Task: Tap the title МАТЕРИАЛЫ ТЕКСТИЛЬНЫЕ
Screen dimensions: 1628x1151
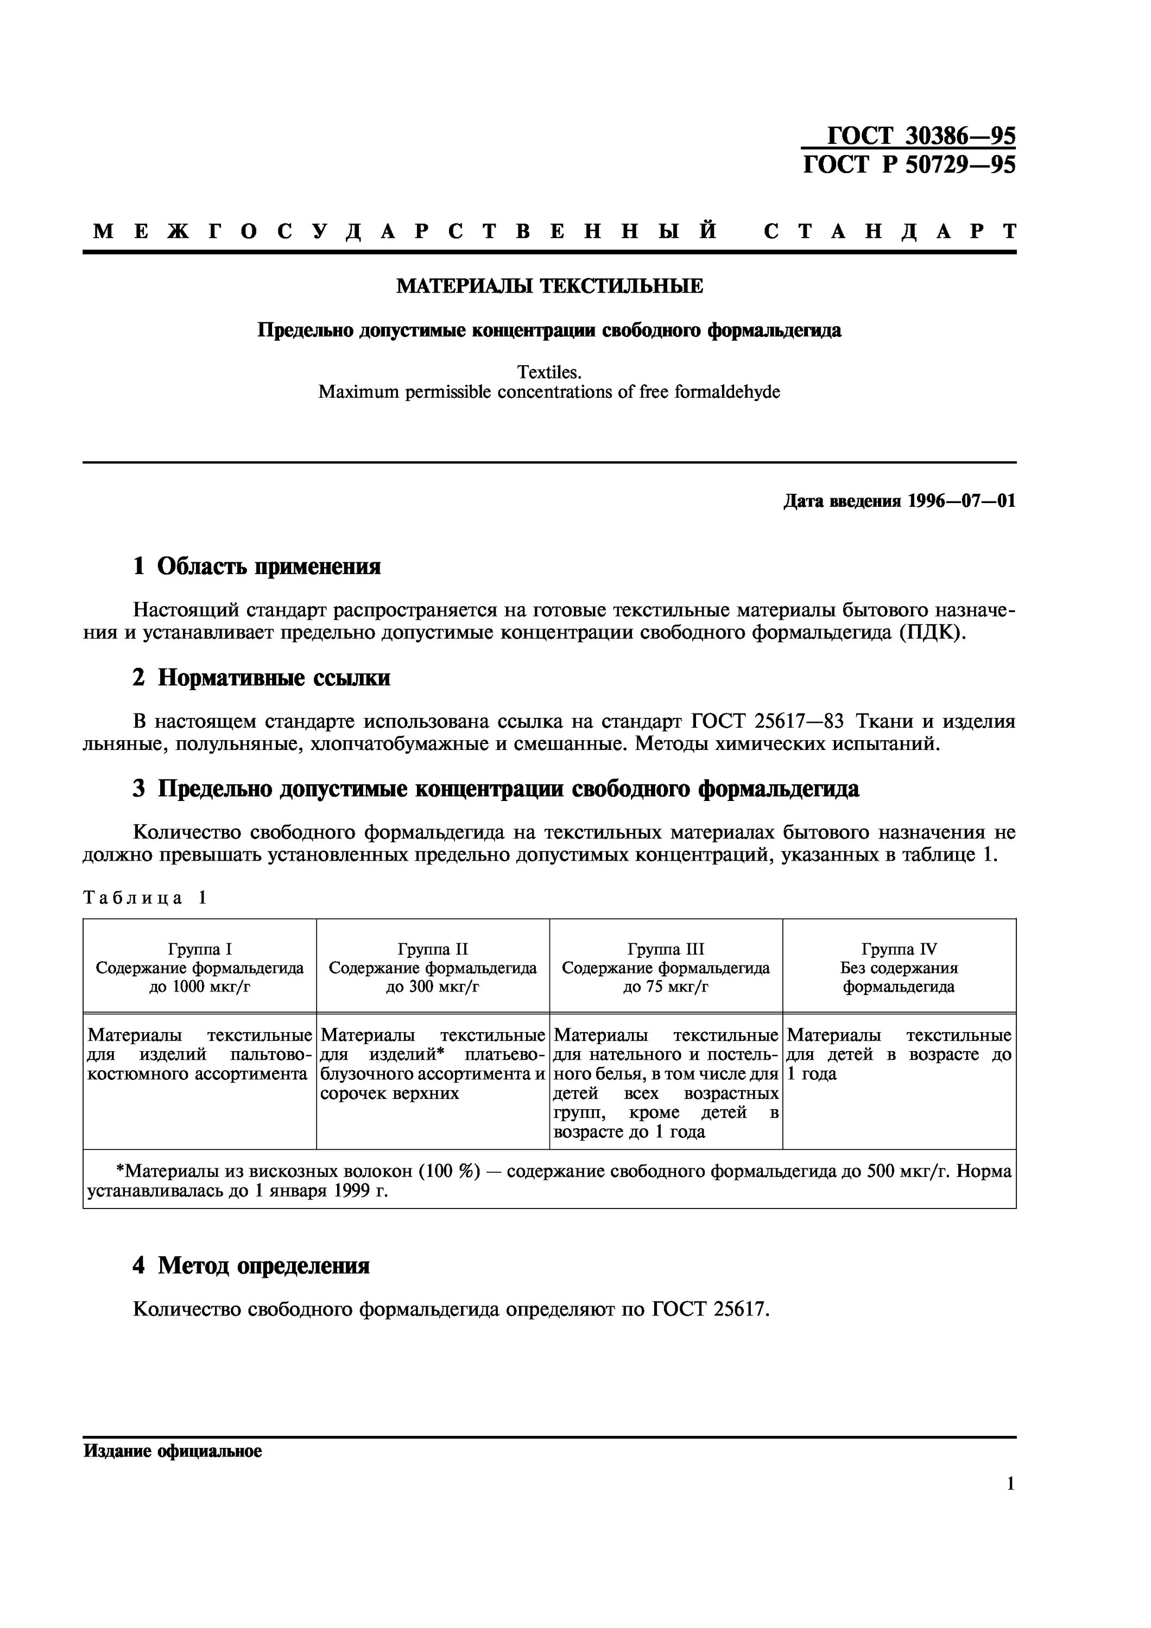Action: [549, 287]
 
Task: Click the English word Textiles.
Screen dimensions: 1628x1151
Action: [549, 372]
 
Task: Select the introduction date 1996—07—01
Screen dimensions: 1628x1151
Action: [962, 501]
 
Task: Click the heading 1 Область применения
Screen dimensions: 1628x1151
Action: [256, 566]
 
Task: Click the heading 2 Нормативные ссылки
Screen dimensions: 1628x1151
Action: [261, 678]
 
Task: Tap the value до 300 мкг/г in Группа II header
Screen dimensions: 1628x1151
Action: [433, 987]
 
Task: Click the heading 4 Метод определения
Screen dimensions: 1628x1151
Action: [250, 1265]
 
